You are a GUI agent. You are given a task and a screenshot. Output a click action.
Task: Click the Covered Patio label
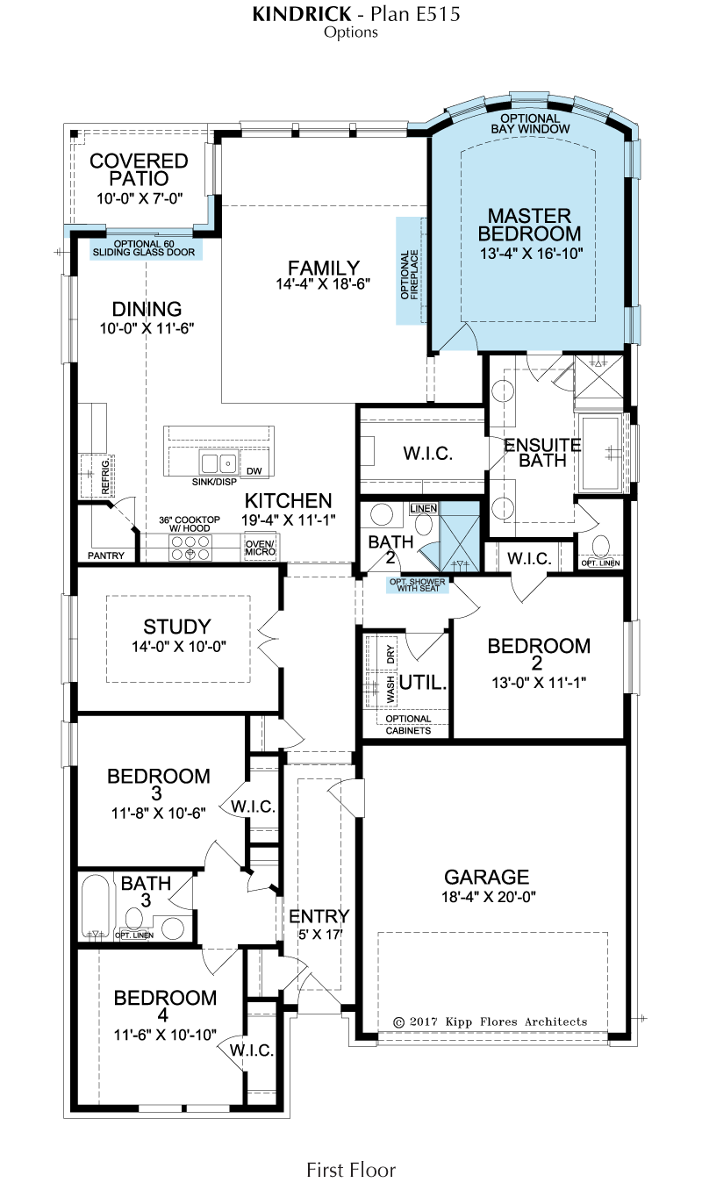tap(139, 169)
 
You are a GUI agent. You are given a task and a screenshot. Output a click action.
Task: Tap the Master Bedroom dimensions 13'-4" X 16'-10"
tap(532, 254)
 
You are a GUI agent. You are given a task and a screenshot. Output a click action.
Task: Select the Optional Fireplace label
tap(409, 275)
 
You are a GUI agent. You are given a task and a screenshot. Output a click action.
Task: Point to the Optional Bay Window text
tap(530, 123)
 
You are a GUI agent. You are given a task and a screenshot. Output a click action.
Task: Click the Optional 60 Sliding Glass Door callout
tap(144, 248)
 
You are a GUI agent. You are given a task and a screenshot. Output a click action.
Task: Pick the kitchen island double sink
tap(218, 463)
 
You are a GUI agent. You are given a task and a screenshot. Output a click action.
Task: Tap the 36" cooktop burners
tap(190, 548)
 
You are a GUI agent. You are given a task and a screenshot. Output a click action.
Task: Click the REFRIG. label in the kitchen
tap(105, 477)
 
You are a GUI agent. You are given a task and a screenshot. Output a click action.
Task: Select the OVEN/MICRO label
tap(261, 548)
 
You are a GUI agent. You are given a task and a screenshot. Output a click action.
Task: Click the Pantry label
tap(105, 556)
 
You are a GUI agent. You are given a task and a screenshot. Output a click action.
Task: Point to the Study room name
tap(177, 627)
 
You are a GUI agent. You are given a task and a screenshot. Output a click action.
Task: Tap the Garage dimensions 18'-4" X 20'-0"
tap(489, 896)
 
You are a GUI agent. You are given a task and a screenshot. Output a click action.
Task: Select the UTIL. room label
tap(423, 682)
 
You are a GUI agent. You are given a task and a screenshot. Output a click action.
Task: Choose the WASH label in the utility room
tap(390, 690)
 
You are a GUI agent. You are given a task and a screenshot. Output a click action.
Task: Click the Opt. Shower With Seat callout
tap(418, 584)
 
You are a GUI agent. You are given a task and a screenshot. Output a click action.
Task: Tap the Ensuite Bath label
tap(542, 452)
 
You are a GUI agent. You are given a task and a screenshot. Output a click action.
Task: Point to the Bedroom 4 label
tap(165, 1007)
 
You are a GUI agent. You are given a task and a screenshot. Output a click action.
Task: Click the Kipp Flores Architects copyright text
tap(491, 1022)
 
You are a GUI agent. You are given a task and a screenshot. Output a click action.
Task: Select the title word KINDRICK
tap(302, 14)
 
